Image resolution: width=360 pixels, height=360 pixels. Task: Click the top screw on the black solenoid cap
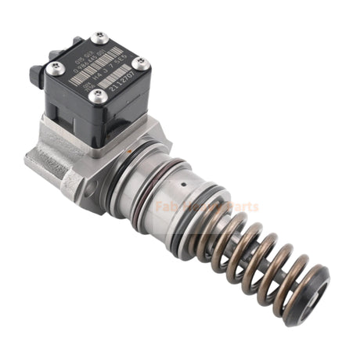pyautogui.click(x=99, y=37)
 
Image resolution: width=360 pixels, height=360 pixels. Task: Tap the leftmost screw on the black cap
pyautogui.click(x=52, y=69)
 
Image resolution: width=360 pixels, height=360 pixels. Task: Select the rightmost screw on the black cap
pyautogui.click(x=142, y=63)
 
